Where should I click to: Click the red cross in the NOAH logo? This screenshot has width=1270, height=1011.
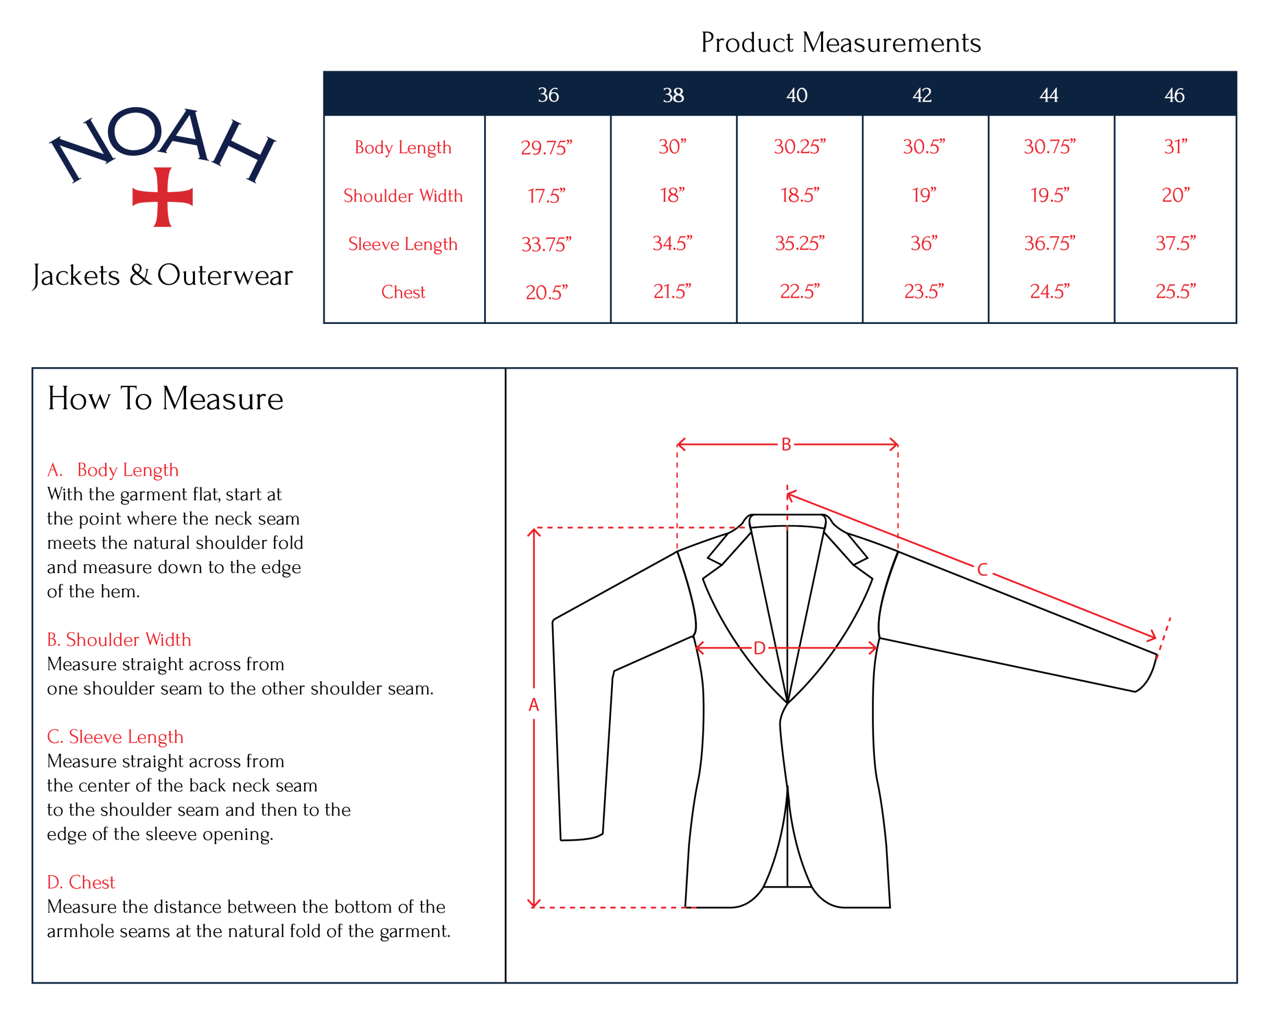click(x=163, y=197)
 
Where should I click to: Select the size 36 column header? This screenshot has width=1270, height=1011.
click(x=548, y=95)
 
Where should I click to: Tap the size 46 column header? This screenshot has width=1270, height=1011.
click(x=1174, y=95)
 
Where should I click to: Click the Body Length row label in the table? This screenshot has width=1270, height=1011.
click(x=403, y=147)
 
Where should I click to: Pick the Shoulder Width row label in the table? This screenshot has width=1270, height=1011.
click(x=403, y=195)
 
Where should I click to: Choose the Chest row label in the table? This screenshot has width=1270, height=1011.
click(x=403, y=292)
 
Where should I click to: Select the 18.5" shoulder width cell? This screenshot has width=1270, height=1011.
click(x=799, y=195)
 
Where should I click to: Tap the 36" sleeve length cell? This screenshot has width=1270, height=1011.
click(x=923, y=243)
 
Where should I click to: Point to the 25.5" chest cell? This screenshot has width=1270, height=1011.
click(x=1175, y=291)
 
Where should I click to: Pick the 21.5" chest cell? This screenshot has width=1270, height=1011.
click(x=672, y=291)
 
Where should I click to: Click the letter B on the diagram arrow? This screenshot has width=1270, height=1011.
click(x=786, y=445)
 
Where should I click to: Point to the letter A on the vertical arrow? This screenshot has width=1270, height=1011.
click(x=534, y=704)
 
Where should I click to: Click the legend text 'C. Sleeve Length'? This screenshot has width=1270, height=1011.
click(x=116, y=737)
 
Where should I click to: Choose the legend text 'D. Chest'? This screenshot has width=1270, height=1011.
click(x=81, y=882)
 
